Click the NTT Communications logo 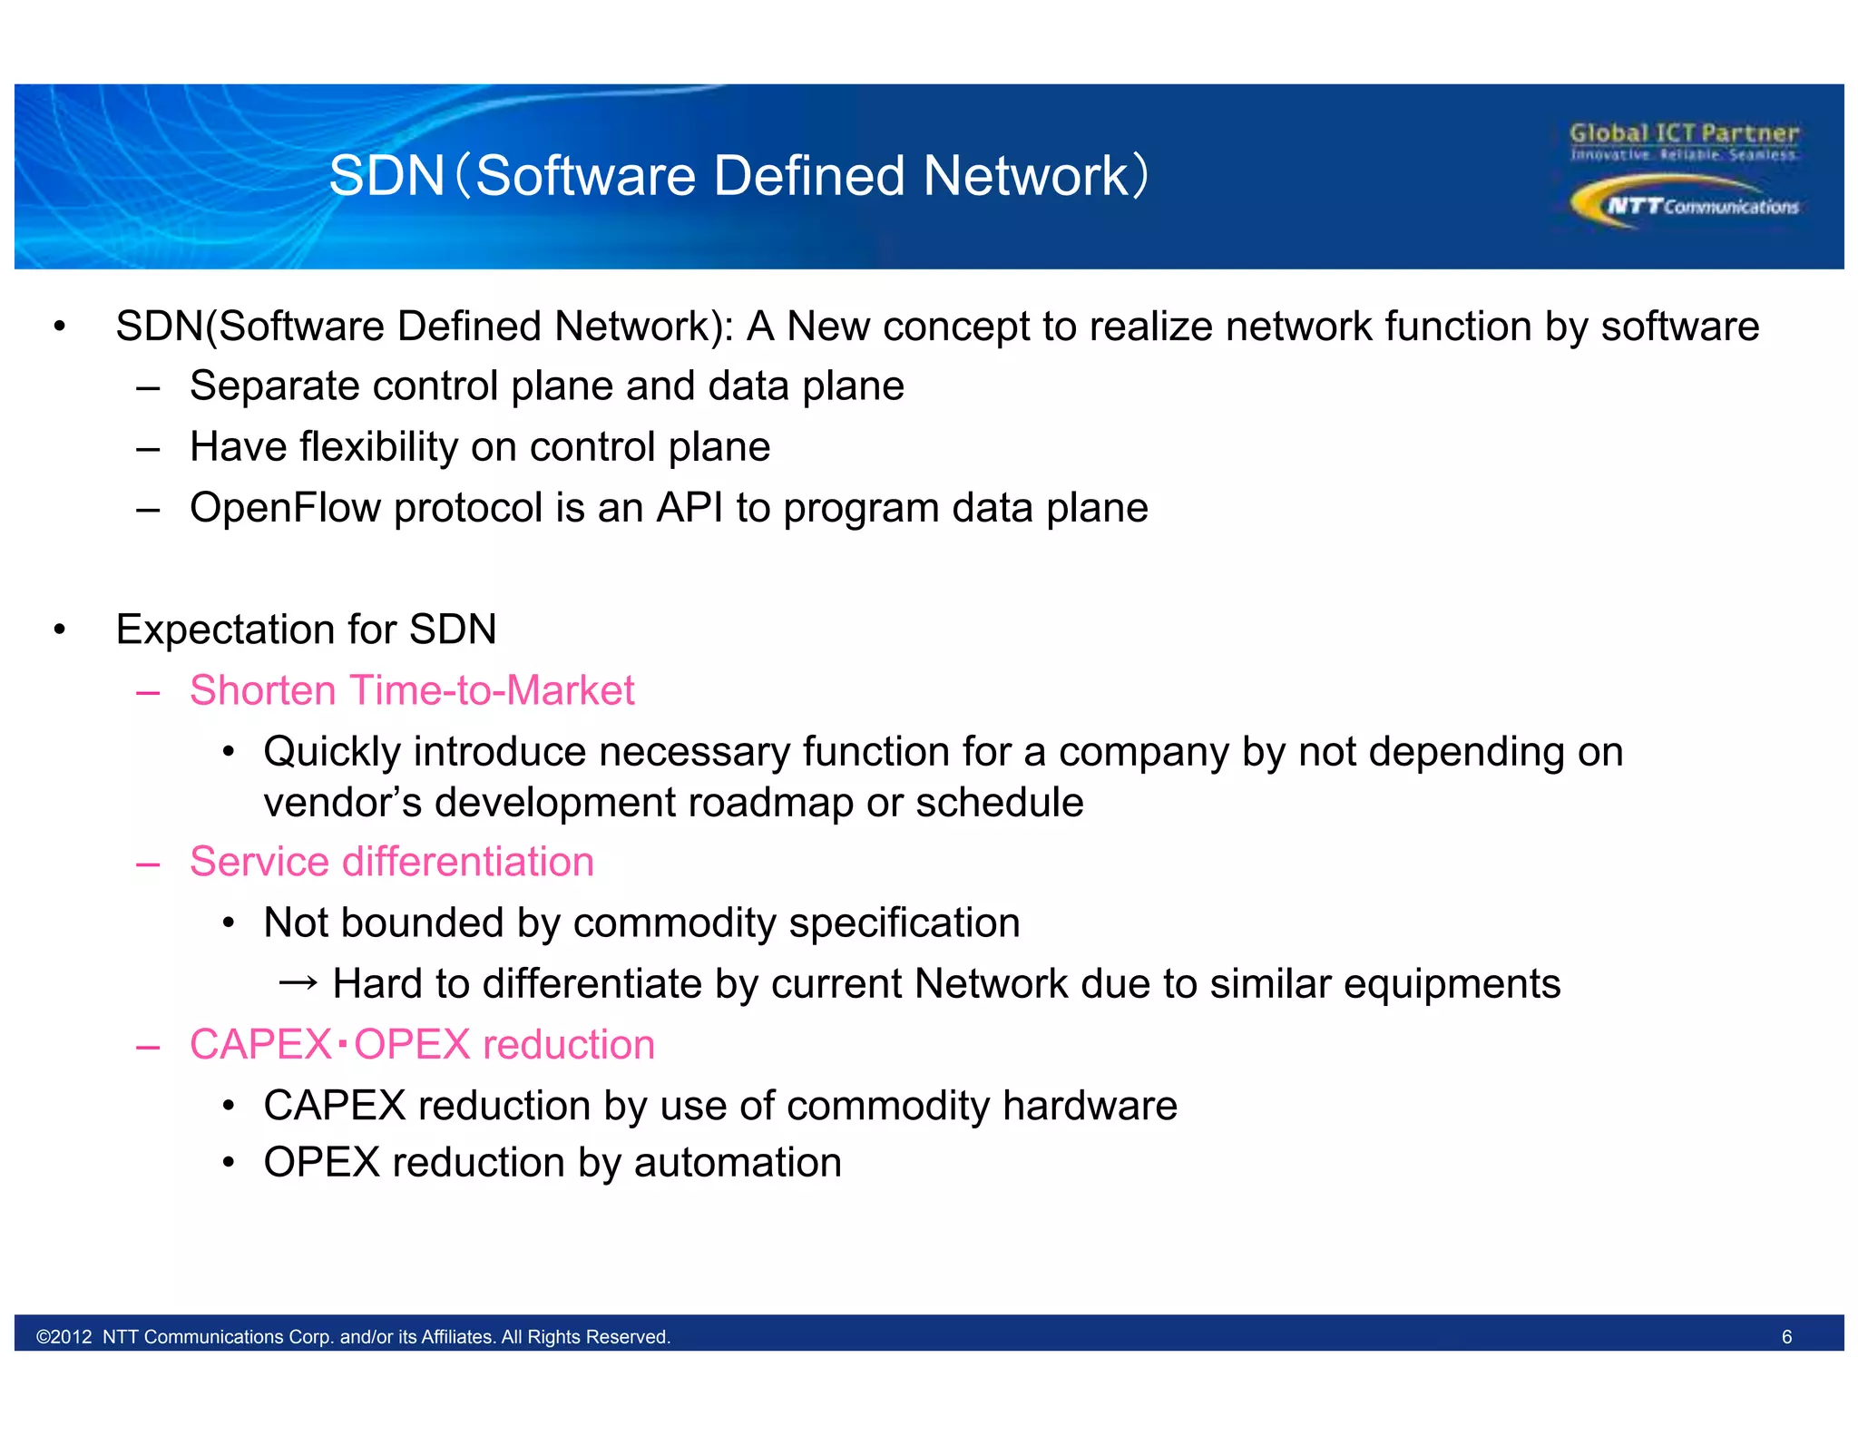[1685, 203]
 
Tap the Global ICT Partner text [1684, 133]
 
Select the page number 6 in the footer [1786, 1337]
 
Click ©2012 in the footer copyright [64, 1337]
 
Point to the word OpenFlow [285, 508]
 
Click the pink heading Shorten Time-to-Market [411, 690]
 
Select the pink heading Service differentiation [391, 862]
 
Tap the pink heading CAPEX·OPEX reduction [422, 1045]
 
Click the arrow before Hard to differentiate [298, 983]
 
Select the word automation [738, 1163]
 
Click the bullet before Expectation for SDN [60, 630]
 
